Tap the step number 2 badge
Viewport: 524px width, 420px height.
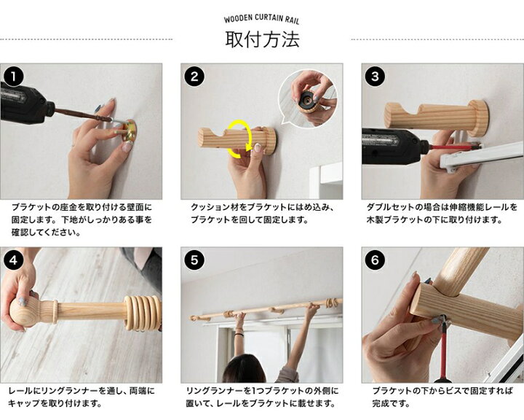(x=194, y=76)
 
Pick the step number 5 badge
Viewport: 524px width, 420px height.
(x=194, y=260)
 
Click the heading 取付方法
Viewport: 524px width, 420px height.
(x=262, y=39)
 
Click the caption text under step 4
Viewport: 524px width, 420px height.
(x=82, y=397)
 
